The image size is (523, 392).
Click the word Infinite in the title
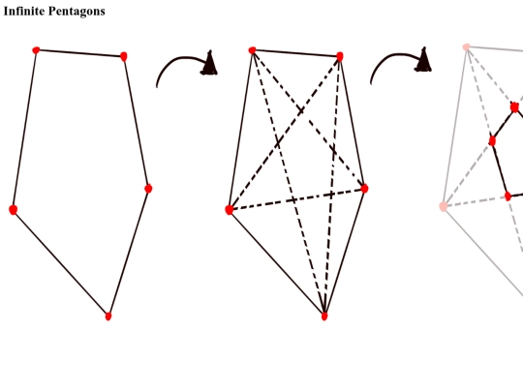tap(23, 11)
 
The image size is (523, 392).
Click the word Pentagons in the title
tap(77, 12)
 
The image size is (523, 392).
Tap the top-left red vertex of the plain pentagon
tap(36, 50)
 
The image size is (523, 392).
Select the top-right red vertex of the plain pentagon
tap(123, 56)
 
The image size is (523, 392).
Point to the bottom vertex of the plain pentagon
tap(108, 316)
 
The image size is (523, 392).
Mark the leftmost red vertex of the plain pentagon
tap(13, 210)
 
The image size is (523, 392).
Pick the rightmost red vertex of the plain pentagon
tap(148, 189)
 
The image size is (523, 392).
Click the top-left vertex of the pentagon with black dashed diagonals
tap(252, 50)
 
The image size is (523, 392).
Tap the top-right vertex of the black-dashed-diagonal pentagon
tap(340, 56)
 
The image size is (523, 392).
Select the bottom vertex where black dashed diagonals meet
tap(324, 316)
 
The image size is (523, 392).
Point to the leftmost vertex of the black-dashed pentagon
tap(230, 210)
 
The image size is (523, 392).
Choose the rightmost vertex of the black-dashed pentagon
tap(364, 189)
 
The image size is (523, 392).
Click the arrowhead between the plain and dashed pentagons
tap(209, 63)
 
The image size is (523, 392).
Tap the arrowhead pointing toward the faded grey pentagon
tap(423, 60)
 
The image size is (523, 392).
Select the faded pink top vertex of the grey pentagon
tap(467, 47)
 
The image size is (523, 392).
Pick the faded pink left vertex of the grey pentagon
tap(444, 206)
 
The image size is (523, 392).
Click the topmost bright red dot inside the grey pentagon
tap(514, 107)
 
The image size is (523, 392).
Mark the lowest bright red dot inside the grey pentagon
tap(508, 196)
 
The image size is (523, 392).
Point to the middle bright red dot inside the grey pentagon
tap(492, 141)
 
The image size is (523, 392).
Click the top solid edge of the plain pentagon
tap(79, 53)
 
